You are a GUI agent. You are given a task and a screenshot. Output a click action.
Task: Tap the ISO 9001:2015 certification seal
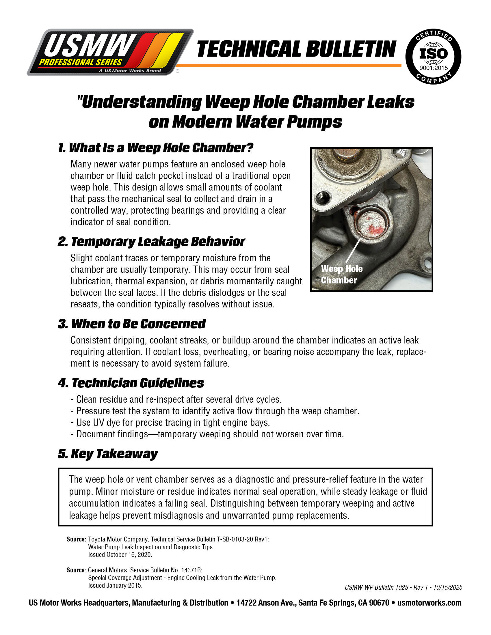click(x=433, y=57)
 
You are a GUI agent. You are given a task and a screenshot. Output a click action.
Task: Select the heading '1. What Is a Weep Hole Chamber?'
click(x=155, y=148)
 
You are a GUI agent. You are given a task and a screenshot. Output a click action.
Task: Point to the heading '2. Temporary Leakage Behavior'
click(x=151, y=242)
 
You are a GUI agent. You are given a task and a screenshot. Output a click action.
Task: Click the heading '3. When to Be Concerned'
click(x=132, y=324)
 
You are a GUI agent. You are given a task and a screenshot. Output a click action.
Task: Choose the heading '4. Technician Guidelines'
click(x=131, y=383)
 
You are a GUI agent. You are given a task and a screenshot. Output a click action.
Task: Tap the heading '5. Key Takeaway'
click(x=108, y=453)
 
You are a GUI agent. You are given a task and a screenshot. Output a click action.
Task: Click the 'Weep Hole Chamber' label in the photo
click(x=341, y=274)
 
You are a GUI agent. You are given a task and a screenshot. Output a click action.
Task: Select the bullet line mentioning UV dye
click(x=170, y=423)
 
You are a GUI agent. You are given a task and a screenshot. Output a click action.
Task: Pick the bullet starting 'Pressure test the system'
click(x=215, y=411)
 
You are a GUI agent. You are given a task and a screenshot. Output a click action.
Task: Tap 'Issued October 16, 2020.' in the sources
click(x=120, y=554)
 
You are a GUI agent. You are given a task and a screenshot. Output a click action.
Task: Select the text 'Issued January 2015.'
click(x=115, y=585)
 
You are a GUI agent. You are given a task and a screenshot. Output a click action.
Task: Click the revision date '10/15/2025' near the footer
click(x=448, y=587)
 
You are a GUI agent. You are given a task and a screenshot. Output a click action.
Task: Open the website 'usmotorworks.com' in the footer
click(x=429, y=603)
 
